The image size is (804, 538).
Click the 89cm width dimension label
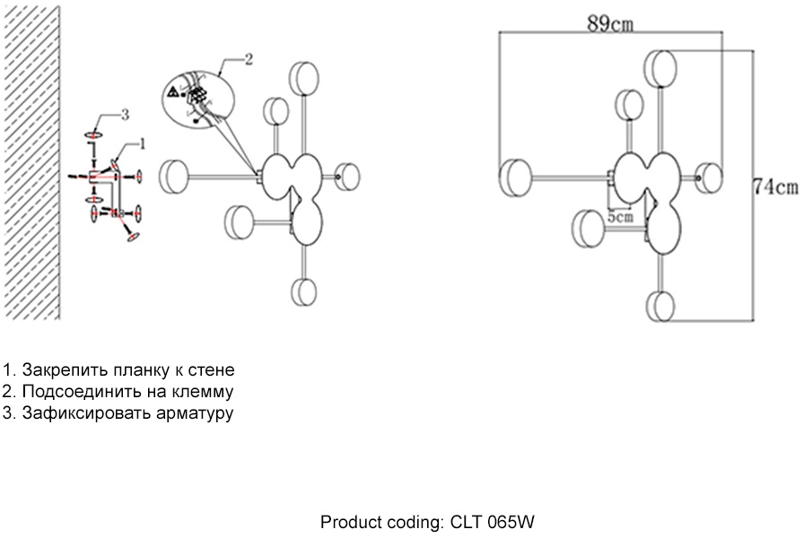[x=610, y=23]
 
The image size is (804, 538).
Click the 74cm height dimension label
[x=774, y=187]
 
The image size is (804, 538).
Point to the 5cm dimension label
[x=619, y=216]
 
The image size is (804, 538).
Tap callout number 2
[x=249, y=60]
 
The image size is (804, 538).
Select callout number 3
[x=125, y=114]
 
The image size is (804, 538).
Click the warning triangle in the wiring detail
[x=172, y=91]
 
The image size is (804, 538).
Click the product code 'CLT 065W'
[x=493, y=522]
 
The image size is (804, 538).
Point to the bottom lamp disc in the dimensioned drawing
[x=662, y=305]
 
